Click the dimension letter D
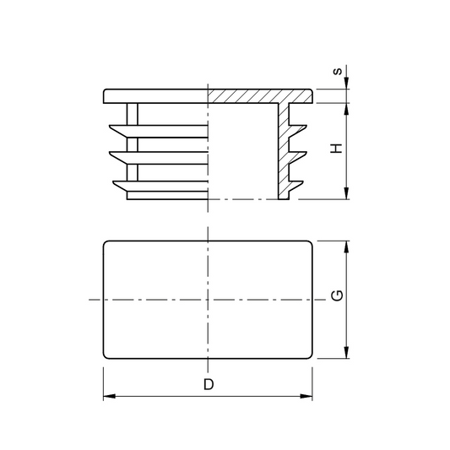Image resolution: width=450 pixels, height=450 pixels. [x=209, y=384]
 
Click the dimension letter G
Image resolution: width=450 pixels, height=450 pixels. [x=337, y=295]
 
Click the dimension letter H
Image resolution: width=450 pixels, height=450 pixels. [x=337, y=148]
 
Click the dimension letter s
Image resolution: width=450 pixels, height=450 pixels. [x=338, y=71]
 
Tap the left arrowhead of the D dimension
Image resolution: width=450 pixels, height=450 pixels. [x=110, y=396]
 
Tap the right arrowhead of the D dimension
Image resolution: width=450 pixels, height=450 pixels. [x=306, y=396]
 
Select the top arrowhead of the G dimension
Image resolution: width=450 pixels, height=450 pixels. [x=346, y=247]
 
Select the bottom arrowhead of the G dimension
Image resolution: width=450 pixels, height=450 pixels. [x=346, y=352]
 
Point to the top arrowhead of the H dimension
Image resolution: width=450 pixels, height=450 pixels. [x=346, y=109]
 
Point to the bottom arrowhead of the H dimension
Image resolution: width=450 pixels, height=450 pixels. [x=346, y=192]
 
